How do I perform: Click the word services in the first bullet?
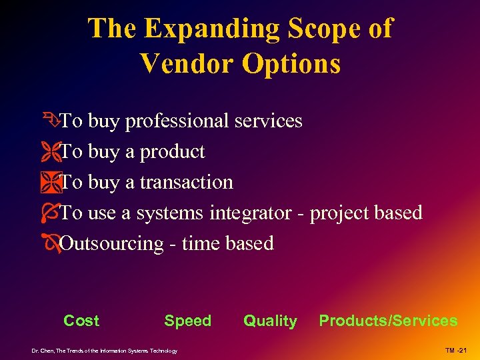(x=267, y=121)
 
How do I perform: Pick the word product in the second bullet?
(x=172, y=152)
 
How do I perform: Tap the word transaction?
(x=187, y=182)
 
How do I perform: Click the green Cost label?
(x=81, y=321)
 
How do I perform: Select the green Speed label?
(x=187, y=321)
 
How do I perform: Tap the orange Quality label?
(x=270, y=321)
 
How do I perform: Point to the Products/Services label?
(x=388, y=321)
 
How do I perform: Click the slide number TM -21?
(x=458, y=351)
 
